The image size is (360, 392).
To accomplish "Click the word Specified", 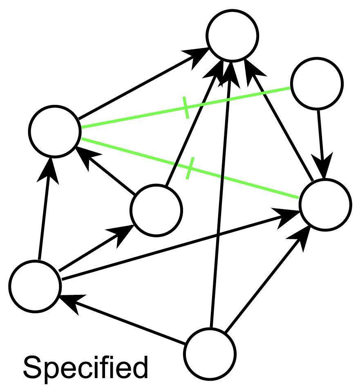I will coord(85,367).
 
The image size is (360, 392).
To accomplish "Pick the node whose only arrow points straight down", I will coord(317,83).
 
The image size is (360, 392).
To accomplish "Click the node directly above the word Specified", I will coord(35,286).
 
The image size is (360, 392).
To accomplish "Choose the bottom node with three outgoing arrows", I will coord(210,353).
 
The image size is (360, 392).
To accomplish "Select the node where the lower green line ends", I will coord(325,204).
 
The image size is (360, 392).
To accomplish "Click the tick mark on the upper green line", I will coord(186,108).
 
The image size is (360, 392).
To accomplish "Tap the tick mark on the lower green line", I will coord(188,168).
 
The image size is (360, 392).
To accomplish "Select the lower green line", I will coord(245,183).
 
